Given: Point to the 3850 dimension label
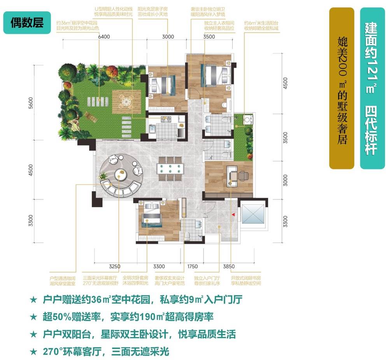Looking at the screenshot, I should [230, 267].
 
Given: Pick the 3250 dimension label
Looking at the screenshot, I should [115, 267].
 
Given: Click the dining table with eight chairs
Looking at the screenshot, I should [170, 169].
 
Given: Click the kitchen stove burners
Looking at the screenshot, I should [167, 119].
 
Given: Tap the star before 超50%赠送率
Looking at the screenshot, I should [33, 317].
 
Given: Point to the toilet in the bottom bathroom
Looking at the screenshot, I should [187, 235].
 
